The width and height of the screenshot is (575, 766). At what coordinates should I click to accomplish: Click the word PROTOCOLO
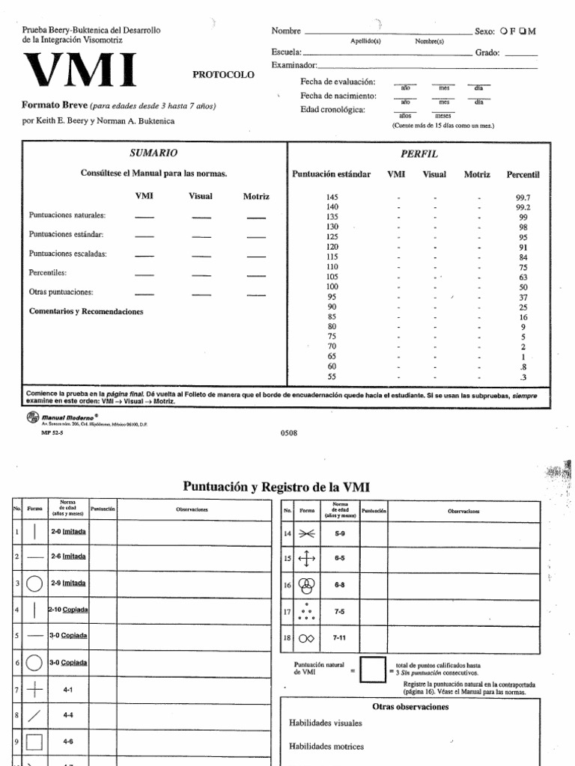click(x=223, y=74)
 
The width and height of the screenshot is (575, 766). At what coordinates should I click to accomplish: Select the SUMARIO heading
click(x=153, y=153)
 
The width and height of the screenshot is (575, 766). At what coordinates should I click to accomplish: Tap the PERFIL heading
click(x=419, y=153)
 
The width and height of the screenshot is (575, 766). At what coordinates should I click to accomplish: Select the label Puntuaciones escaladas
click(x=67, y=254)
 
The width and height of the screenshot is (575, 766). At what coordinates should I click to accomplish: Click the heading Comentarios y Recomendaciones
click(x=85, y=311)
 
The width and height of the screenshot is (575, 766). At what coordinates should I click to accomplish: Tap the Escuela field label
click(x=286, y=53)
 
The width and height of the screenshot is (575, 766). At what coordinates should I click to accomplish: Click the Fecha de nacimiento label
click(x=338, y=96)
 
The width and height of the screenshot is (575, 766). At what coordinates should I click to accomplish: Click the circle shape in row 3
click(x=34, y=583)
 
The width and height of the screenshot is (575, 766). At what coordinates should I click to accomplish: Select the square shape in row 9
click(x=34, y=741)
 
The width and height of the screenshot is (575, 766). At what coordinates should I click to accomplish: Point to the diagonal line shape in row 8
click(x=34, y=716)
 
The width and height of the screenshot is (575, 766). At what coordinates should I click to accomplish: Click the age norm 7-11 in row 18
click(x=340, y=637)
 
